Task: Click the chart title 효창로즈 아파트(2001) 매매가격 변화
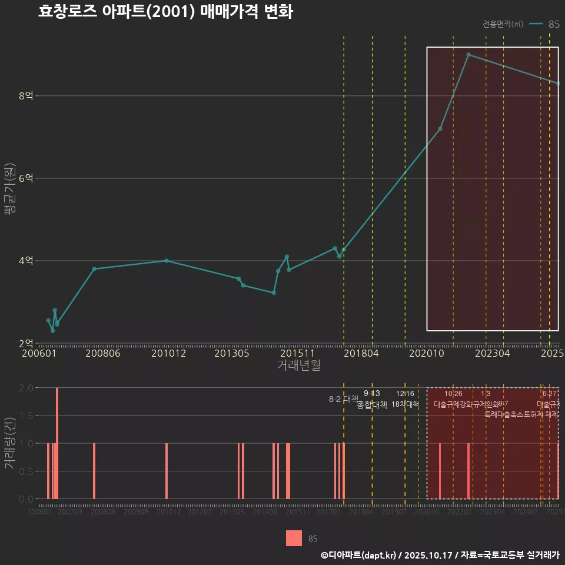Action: click(165, 12)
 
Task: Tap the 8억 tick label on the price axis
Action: click(26, 96)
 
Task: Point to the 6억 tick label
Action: click(26, 178)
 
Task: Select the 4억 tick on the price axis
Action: click(26, 261)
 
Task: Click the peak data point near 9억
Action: click(468, 55)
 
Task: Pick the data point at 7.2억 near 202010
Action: click(440, 129)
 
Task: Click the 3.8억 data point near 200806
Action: click(94, 269)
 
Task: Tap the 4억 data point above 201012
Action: click(167, 261)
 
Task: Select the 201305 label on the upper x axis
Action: click(231, 353)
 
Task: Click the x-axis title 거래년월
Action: click(298, 365)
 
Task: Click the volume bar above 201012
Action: click(167, 471)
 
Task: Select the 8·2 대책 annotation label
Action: click(343, 399)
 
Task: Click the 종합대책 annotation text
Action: click(372, 405)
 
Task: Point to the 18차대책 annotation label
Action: click(405, 405)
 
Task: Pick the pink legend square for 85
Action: click(294, 538)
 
